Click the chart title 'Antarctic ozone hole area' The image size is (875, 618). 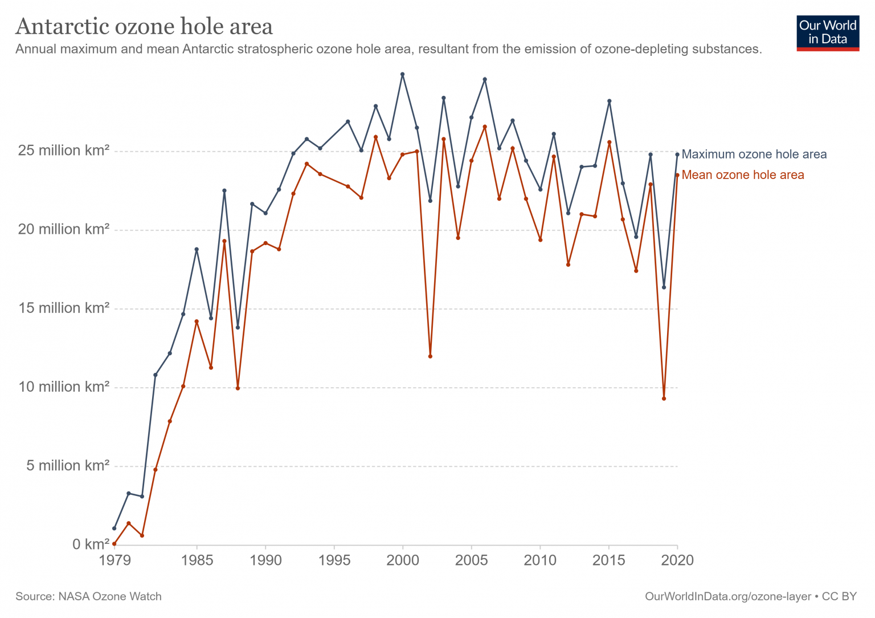(144, 26)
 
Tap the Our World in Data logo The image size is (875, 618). (827, 33)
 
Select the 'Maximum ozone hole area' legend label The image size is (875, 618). (754, 154)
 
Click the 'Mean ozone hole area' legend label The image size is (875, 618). (742, 175)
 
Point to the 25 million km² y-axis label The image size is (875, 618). (63, 151)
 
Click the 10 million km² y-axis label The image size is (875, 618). (63, 387)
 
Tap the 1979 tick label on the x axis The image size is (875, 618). (115, 560)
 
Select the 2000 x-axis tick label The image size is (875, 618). (403, 560)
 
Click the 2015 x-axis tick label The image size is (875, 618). (609, 560)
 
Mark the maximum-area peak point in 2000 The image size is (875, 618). (403, 74)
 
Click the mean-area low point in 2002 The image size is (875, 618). (430, 356)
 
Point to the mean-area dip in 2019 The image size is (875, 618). (664, 399)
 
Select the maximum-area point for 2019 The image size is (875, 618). (664, 287)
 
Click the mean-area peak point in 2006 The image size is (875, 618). (485, 127)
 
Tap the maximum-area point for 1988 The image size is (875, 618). (238, 327)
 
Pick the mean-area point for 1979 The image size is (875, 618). (115, 544)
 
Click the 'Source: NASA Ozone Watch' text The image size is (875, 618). (88, 596)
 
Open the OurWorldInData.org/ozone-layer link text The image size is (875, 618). (727, 596)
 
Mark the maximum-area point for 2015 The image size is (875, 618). (609, 101)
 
